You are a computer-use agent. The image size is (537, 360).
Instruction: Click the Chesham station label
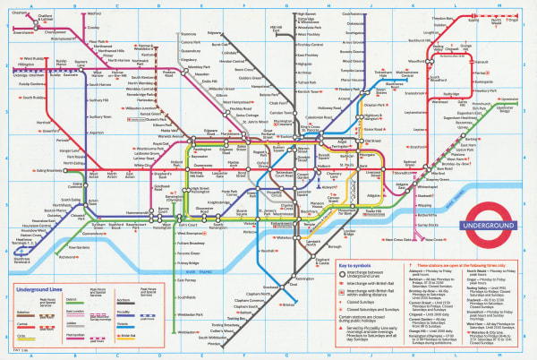[19, 13]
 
